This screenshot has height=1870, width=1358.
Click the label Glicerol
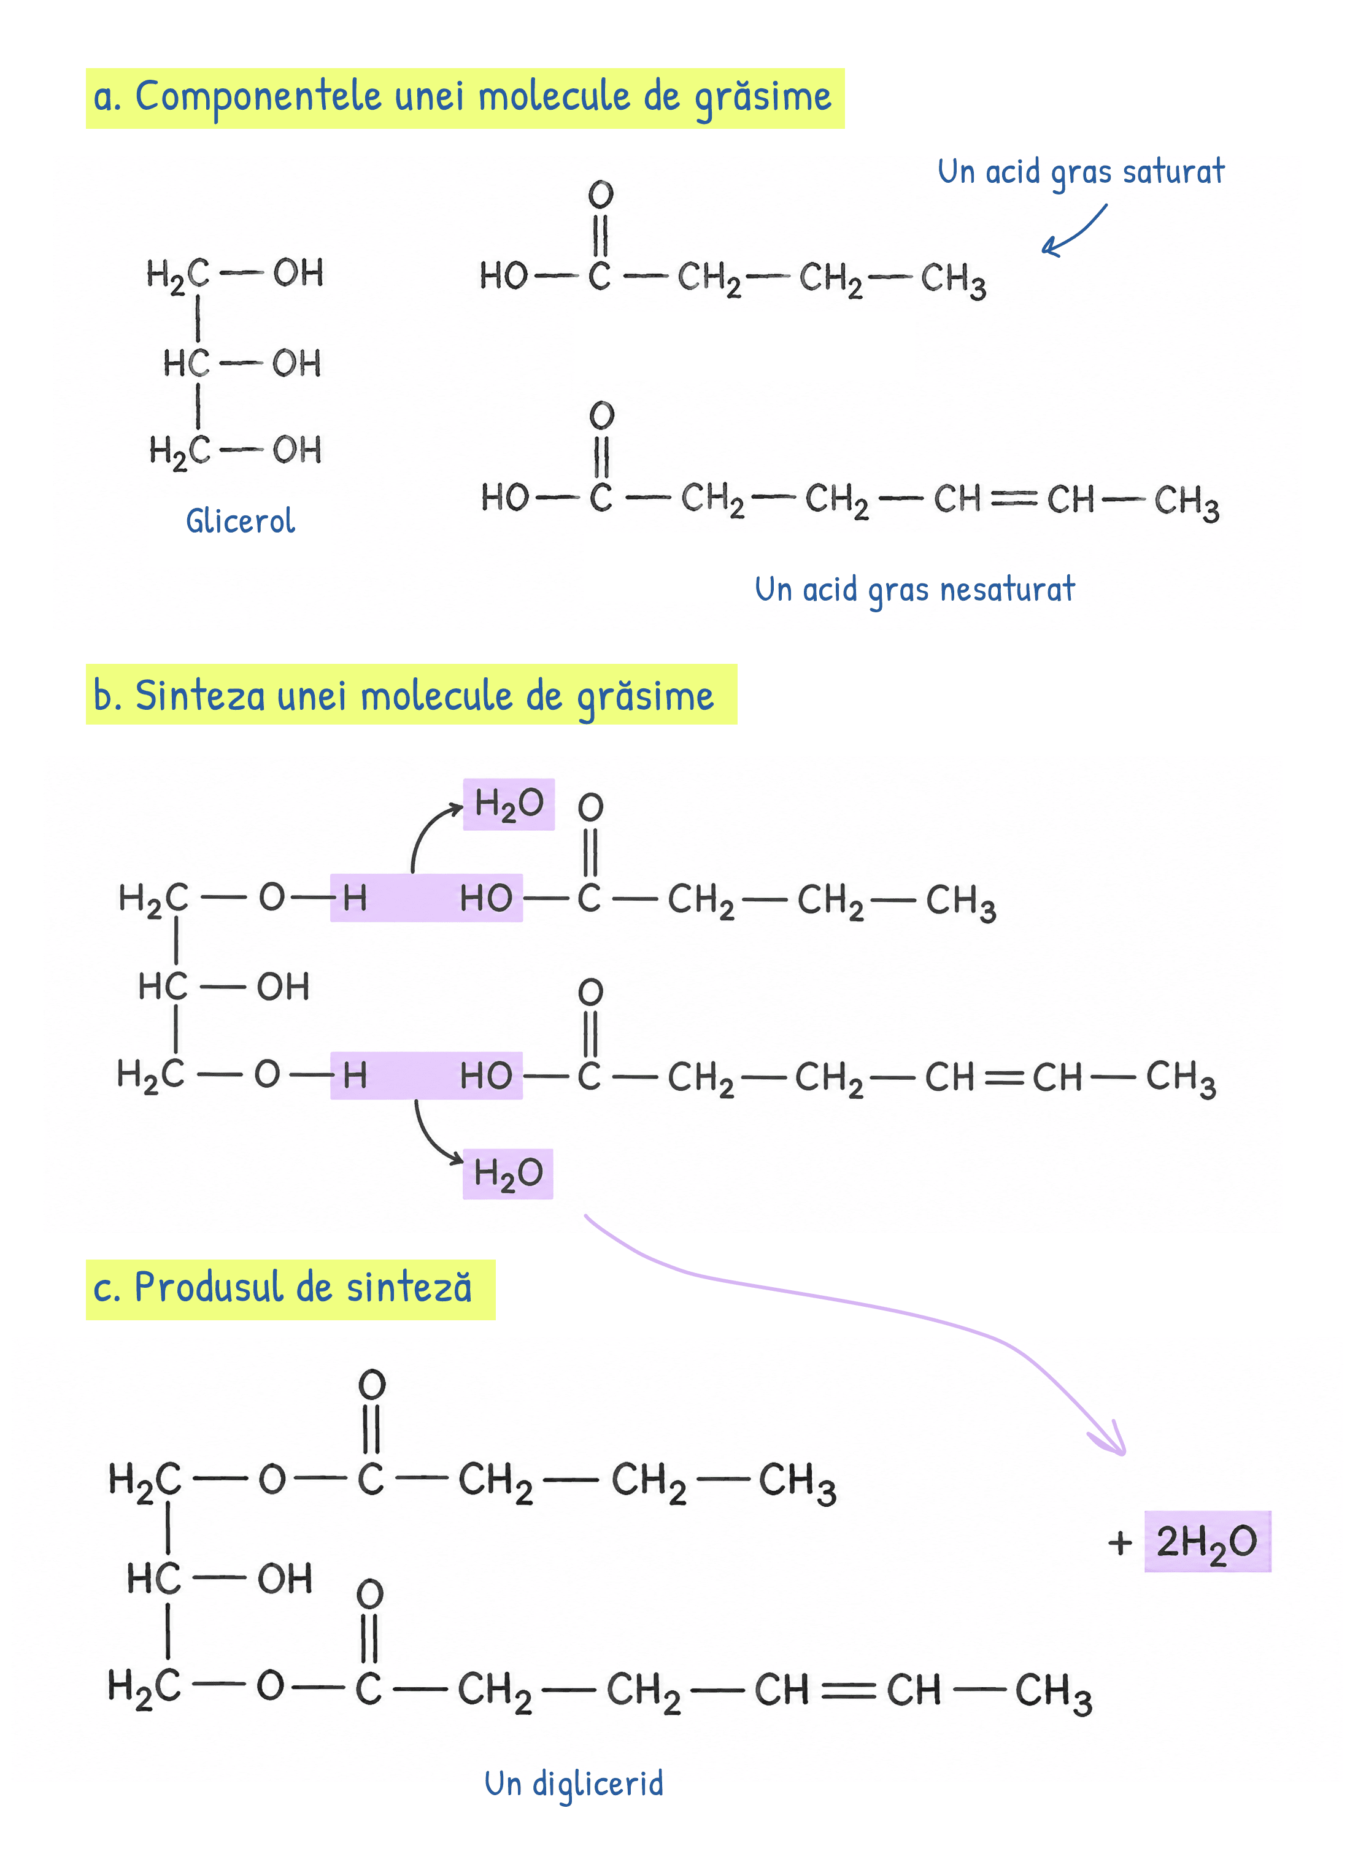coord(240,520)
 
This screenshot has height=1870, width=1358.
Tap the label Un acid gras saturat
coord(1081,172)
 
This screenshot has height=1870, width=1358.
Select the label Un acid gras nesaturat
coord(914,590)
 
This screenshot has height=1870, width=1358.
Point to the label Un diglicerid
coord(574,1783)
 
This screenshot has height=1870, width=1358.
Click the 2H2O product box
coord(1207,1541)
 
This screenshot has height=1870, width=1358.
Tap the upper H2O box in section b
coord(509,804)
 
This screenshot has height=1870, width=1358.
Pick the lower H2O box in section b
coord(508,1173)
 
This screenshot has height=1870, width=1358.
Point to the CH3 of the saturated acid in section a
coord(953,280)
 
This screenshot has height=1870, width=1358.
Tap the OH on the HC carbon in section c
coord(285,1579)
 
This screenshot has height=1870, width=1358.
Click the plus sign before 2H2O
coord(1120,1542)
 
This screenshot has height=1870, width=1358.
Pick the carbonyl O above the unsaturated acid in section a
coord(602,415)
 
